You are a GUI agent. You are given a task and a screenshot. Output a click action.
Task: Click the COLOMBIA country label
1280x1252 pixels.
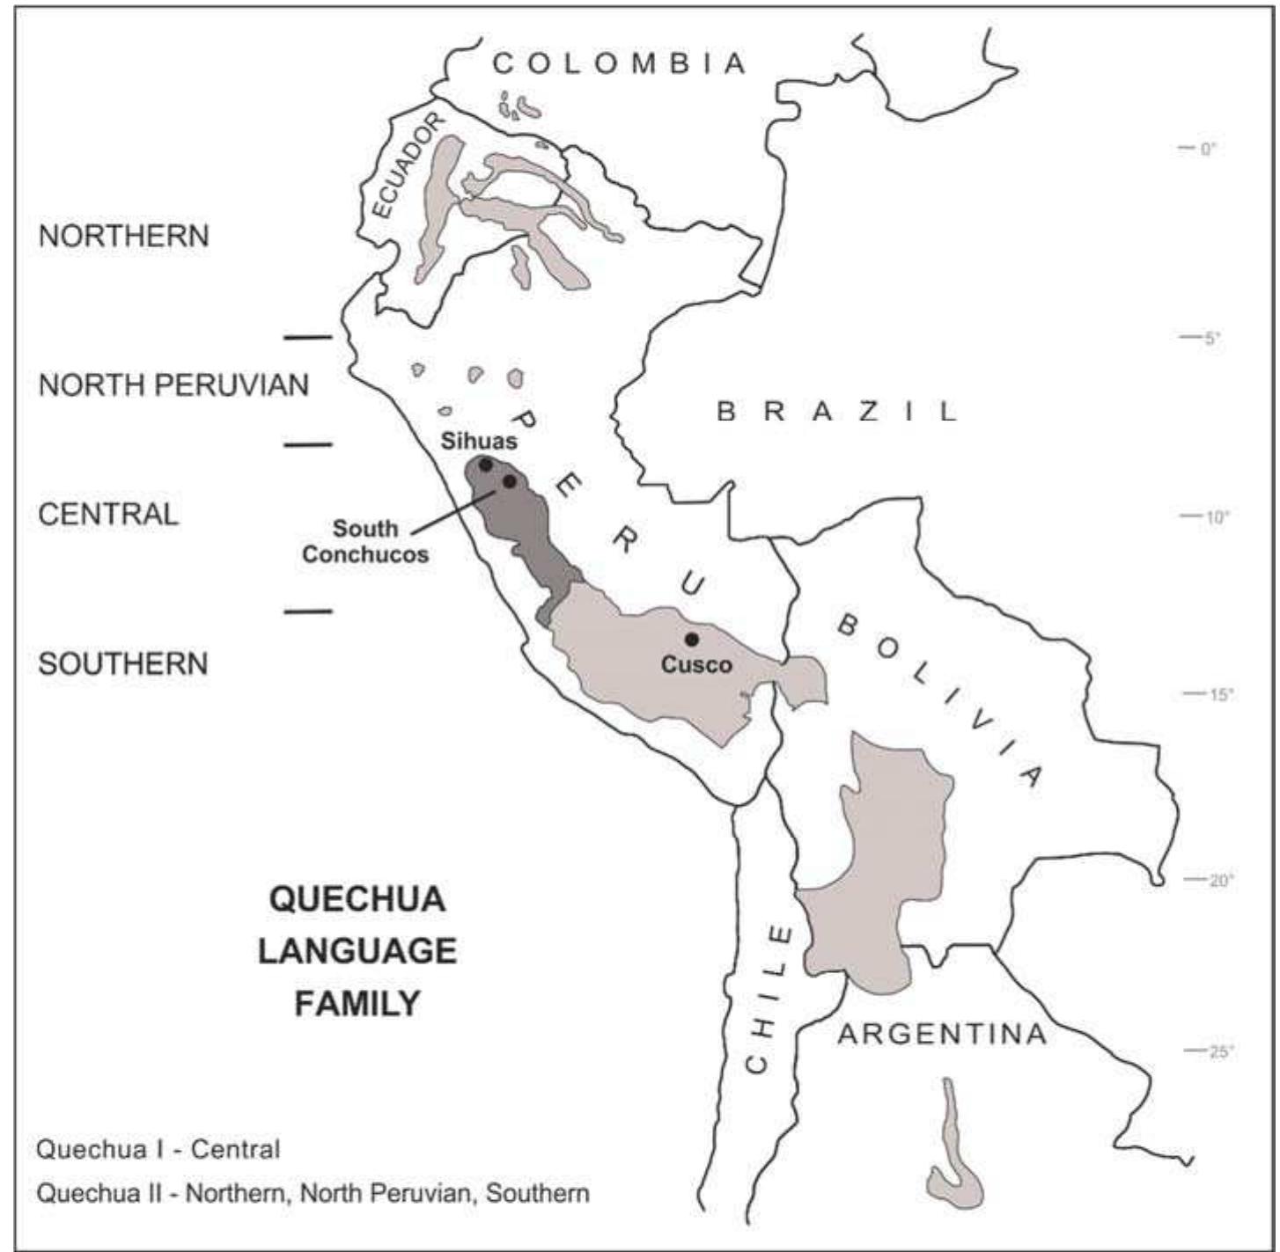point(620,63)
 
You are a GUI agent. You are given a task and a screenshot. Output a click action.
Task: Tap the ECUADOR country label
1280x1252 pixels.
point(405,165)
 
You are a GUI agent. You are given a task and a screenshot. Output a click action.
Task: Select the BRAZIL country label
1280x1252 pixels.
point(837,411)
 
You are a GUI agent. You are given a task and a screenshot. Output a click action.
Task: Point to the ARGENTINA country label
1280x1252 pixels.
point(942,1034)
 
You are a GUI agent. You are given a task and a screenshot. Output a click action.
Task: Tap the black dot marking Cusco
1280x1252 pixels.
point(692,639)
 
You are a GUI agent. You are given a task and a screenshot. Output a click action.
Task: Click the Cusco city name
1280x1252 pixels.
point(696,664)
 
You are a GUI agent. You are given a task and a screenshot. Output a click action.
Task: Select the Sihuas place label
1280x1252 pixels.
point(479,441)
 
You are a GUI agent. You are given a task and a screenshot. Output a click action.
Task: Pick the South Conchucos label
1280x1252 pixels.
point(365,541)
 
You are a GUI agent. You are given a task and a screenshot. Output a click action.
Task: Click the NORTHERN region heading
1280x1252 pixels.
point(124,236)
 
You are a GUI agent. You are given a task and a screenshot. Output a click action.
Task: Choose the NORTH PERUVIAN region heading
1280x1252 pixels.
point(173,385)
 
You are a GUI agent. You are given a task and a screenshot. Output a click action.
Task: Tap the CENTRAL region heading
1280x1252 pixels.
point(108,514)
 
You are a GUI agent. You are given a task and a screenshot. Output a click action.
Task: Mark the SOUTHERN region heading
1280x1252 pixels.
point(123,663)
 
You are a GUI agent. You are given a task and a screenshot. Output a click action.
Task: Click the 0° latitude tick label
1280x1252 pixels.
point(1207,149)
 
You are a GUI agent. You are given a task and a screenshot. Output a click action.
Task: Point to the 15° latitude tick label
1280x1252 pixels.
point(1219,694)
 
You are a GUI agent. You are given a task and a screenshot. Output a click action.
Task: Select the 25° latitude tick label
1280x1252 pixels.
point(1220,1051)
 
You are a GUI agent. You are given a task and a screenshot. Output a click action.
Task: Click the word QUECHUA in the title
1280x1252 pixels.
point(357,899)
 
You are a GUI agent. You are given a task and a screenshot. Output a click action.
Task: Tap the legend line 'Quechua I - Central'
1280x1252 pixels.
point(158,1149)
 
